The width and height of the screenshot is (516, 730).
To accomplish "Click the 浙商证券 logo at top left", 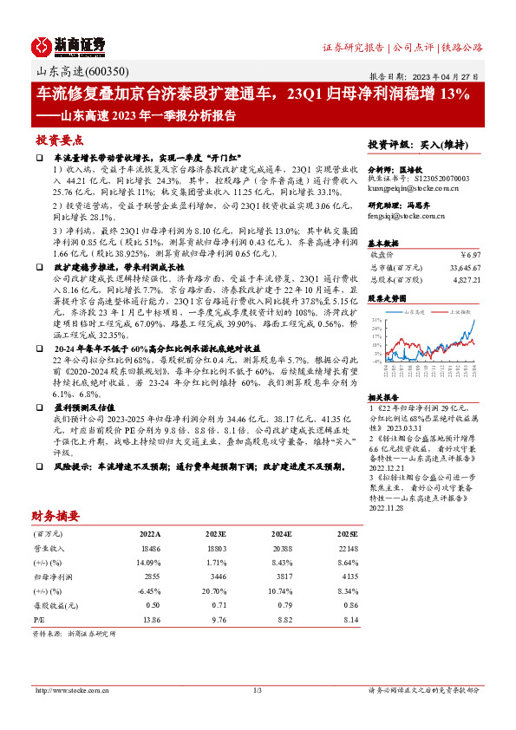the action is point(69,45).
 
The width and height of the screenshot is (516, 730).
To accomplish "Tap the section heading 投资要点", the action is point(59,140).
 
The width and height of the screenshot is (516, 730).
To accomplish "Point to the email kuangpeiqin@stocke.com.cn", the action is point(419,186).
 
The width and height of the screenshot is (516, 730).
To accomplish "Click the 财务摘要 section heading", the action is point(56,515).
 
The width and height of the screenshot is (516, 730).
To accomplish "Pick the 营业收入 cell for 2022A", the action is point(151,550).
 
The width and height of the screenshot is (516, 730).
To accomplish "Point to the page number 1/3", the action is point(258,690).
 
